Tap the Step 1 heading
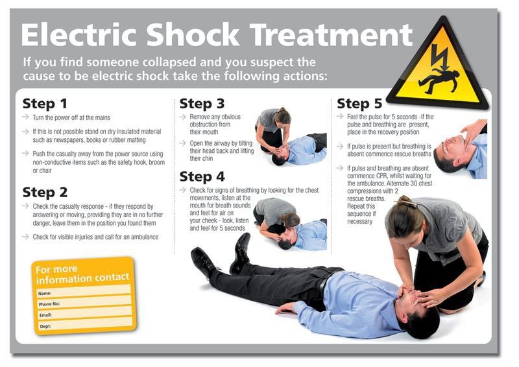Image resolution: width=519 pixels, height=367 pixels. point(45,103)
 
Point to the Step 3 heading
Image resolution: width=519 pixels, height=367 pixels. point(202,103)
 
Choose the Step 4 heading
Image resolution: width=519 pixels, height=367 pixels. point(202,176)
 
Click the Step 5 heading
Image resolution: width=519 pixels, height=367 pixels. point(359,103)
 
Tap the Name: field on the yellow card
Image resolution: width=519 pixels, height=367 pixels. point(84,292)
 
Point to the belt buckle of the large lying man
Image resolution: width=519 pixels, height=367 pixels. point(322,283)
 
